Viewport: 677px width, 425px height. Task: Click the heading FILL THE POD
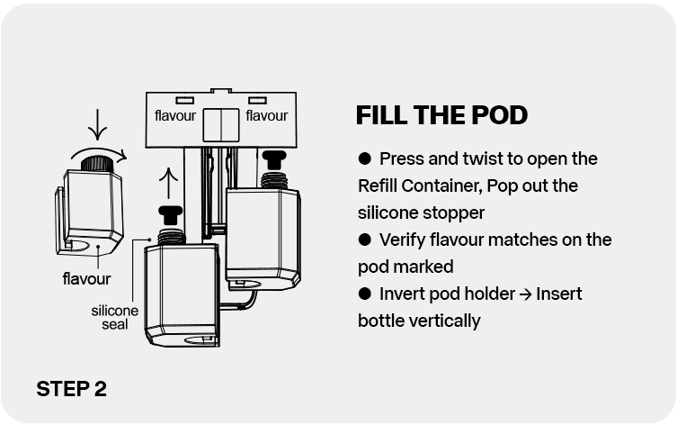[441, 116]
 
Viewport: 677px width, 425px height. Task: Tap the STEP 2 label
[71, 389]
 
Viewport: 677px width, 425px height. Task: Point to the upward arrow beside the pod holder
[164, 185]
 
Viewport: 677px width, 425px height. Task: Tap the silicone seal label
[115, 317]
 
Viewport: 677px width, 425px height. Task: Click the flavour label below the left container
[86, 278]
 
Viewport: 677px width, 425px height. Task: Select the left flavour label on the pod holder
[175, 116]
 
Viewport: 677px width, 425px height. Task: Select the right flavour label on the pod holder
[266, 116]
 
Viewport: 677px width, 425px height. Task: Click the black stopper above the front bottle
[166, 215]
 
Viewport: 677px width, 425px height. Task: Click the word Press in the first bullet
[401, 159]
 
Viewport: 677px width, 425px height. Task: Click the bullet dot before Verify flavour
[365, 240]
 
